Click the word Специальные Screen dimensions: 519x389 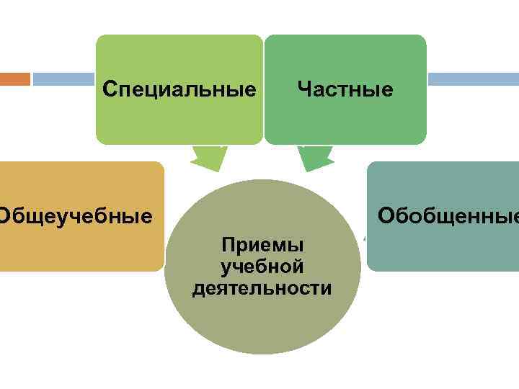(x=179, y=89)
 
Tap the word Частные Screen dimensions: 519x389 (x=345, y=89)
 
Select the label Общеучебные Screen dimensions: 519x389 (x=75, y=215)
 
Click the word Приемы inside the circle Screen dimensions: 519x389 (x=262, y=245)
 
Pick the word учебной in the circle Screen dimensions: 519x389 (x=262, y=267)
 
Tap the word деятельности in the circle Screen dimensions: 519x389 (x=262, y=289)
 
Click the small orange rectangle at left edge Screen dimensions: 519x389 (x=14, y=79)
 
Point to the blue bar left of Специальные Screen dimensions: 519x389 (x=64, y=79)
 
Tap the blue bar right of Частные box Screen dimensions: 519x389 (x=472, y=79)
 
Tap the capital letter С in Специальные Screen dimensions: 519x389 (x=110, y=89)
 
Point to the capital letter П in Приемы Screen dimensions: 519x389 (x=229, y=245)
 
